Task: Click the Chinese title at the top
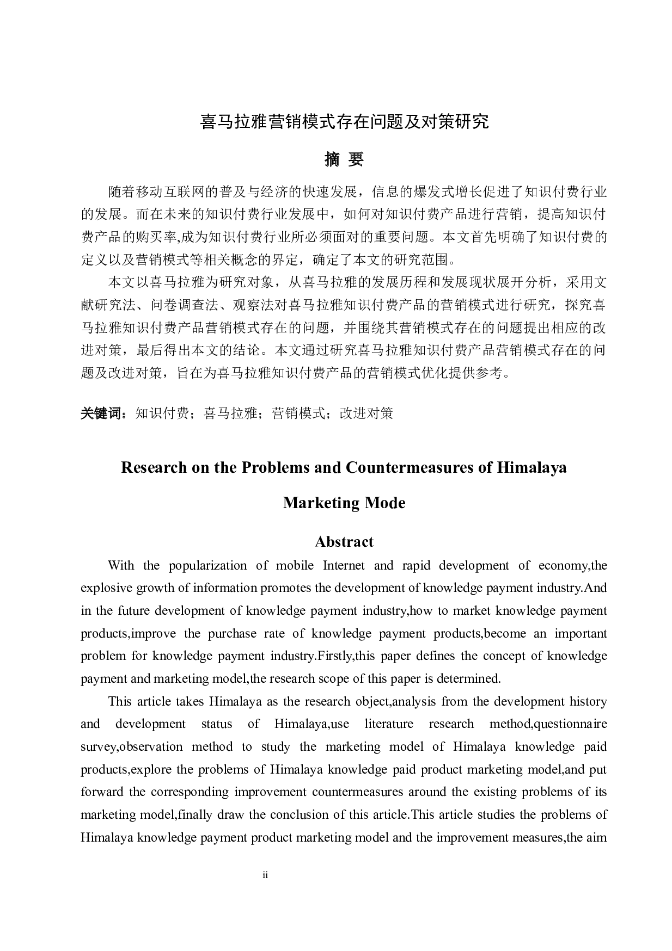click(x=344, y=121)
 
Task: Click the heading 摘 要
click(x=344, y=159)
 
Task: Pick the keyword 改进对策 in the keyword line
click(x=366, y=413)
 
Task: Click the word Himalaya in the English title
click(x=532, y=467)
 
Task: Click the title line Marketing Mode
click(x=344, y=503)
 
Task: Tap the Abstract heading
click(x=344, y=542)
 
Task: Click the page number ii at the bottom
click(x=265, y=875)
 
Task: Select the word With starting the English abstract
click(x=120, y=565)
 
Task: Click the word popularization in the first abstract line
click(x=207, y=565)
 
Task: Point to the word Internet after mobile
click(x=344, y=565)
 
